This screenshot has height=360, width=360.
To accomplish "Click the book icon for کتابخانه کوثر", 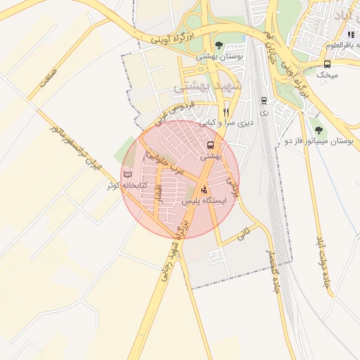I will pyautogui.click(x=127, y=174).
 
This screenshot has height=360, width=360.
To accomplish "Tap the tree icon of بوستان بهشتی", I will pyautogui.click(x=219, y=45).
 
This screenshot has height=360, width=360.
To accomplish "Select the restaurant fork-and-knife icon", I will pyautogui.click(x=226, y=112).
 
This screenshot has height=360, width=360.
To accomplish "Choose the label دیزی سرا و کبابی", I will pyautogui.click(x=226, y=122).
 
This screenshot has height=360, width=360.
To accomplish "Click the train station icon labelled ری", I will pyautogui.click(x=264, y=101).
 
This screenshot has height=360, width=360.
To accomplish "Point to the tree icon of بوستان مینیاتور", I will pyautogui.click(x=320, y=129).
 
